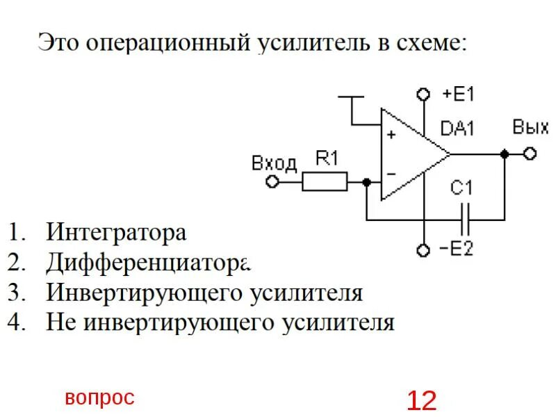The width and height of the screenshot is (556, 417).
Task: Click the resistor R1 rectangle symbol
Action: point(325,182)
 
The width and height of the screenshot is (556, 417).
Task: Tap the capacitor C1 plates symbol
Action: point(467,221)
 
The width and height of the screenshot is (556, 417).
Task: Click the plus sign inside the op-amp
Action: point(391,135)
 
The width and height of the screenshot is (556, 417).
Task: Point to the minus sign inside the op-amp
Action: point(391,174)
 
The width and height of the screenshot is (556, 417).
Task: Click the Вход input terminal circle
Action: point(272,182)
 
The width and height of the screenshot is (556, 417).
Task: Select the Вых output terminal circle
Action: point(530,154)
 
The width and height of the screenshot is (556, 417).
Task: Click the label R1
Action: point(326,159)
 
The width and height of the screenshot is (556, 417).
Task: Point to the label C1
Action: point(461,188)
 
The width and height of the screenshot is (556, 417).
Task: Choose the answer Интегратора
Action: point(116,231)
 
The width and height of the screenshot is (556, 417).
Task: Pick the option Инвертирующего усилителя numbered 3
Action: point(204,293)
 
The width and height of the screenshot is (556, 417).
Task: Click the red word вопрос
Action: point(99,398)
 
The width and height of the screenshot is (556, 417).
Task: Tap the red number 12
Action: point(422,400)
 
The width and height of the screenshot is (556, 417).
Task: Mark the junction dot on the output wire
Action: point(506,154)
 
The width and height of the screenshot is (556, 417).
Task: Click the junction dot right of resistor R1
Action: point(367,182)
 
